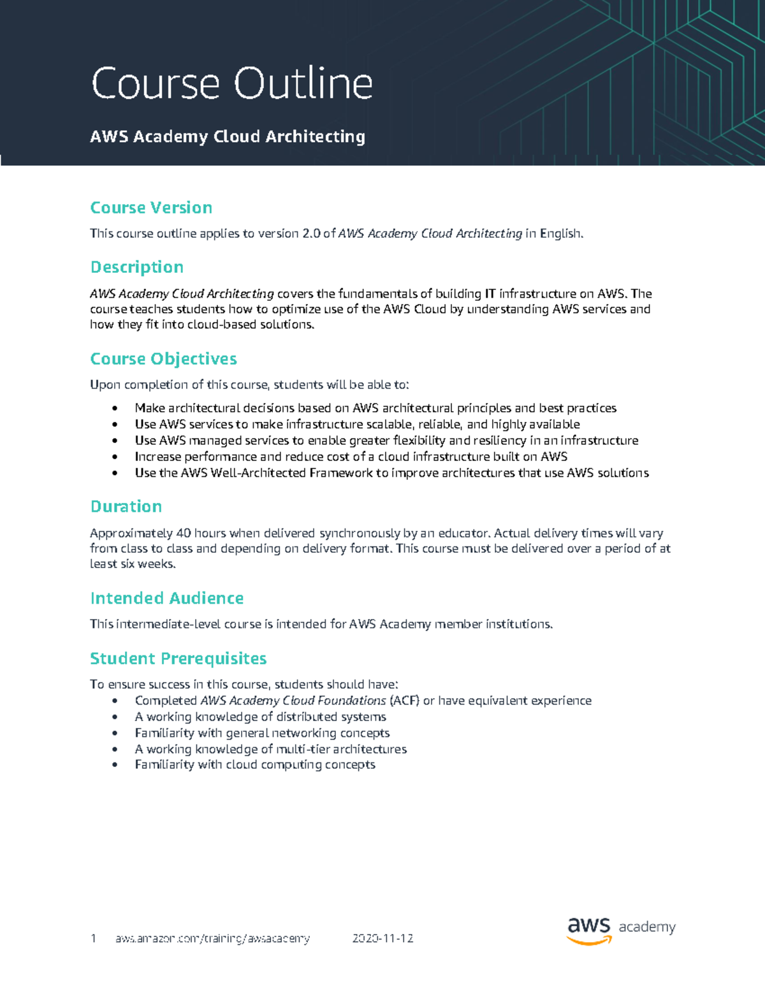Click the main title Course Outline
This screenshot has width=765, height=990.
[231, 84]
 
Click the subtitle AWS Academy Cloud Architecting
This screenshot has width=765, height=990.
[228, 136]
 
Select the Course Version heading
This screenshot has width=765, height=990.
[151, 208]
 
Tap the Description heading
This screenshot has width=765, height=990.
[136, 267]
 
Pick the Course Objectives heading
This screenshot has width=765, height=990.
[163, 359]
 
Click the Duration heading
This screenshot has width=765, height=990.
[126, 507]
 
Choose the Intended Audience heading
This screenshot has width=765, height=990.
[166, 599]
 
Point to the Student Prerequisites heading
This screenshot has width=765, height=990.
[178, 659]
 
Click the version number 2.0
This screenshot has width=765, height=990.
[311, 234]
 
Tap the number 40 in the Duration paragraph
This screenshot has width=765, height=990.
[183, 534]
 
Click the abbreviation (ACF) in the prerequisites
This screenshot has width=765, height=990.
[404, 701]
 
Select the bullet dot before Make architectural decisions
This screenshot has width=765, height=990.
[115, 409]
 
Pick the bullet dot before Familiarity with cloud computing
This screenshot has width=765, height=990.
[115, 765]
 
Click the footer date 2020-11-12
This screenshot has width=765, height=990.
[382, 938]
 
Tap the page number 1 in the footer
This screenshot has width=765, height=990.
[94, 938]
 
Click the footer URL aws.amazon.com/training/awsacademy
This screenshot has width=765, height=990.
[212, 938]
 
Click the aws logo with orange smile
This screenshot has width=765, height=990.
[588, 930]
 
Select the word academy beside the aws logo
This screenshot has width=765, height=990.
[646, 928]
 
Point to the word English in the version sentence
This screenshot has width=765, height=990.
[560, 234]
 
